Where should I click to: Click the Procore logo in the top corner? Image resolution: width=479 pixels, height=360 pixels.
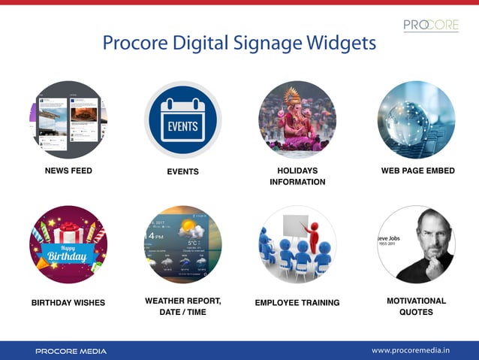pos(430,26)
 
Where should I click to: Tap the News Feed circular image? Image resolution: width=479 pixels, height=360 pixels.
pos(68,120)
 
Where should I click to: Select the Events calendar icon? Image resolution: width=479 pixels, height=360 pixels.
pos(182,120)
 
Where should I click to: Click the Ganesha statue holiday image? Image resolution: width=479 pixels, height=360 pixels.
pos(297,120)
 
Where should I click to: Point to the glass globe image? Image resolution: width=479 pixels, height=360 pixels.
pos(416,120)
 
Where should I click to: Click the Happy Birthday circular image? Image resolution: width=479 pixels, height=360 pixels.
pos(68,244)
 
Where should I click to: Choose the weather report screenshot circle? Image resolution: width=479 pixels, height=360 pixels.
pos(182,244)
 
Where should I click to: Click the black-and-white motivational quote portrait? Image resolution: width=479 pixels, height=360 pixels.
pos(416,244)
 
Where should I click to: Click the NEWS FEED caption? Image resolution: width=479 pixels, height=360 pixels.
pos(68,171)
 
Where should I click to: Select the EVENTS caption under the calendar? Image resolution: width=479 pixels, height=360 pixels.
pos(182,172)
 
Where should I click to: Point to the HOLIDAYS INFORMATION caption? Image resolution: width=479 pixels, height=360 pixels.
pos(297,176)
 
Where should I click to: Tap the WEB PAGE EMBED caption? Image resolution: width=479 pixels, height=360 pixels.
pos(417,171)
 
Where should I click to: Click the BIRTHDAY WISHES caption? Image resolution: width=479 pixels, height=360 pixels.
pos(68,303)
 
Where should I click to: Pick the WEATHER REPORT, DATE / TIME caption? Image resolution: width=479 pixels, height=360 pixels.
pos(182,307)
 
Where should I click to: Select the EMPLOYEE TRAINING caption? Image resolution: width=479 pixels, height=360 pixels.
pos(297,303)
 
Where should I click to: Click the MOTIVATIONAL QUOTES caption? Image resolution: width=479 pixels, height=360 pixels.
pos(416,307)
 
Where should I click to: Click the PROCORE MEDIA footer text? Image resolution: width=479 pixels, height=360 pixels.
pos(71,351)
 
